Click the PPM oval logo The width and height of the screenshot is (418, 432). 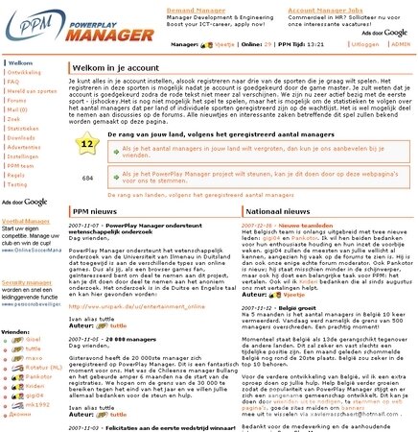pyautogui.click(x=21, y=21)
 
